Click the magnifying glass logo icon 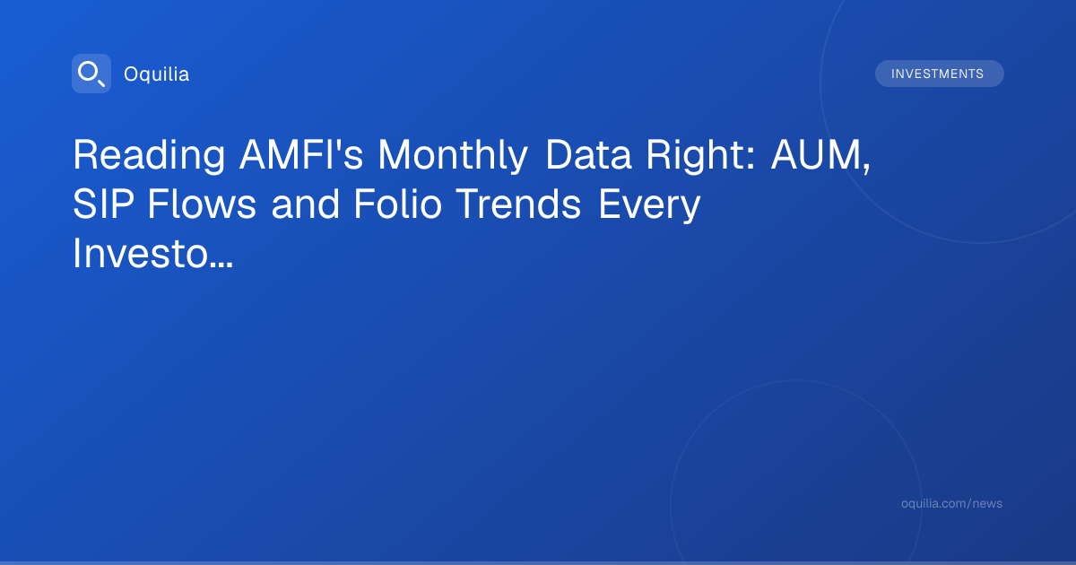(x=91, y=74)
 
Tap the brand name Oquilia (x=157, y=74)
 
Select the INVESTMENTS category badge (x=939, y=74)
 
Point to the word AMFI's (x=301, y=154)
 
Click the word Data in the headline (x=588, y=154)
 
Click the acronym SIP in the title (x=103, y=204)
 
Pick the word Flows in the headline (x=202, y=204)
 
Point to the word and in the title (x=306, y=204)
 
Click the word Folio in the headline (x=398, y=204)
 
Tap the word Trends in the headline (x=518, y=204)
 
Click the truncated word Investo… (x=152, y=254)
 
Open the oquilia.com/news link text (x=951, y=503)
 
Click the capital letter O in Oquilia (x=133, y=74)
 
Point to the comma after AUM (x=866, y=169)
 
